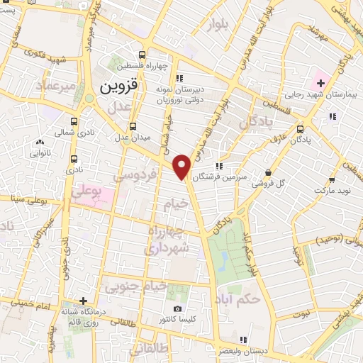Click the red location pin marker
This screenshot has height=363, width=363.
(x=183, y=166)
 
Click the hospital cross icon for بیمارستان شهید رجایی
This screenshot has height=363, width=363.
(x=320, y=83)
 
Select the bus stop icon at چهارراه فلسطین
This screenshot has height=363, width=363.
(x=143, y=55)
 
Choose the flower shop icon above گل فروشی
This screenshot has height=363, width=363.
(x=268, y=172)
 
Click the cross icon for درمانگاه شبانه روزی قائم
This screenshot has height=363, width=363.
(x=84, y=301)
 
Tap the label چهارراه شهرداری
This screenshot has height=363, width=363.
(x=167, y=240)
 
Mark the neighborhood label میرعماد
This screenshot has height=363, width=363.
(x=57, y=86)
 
